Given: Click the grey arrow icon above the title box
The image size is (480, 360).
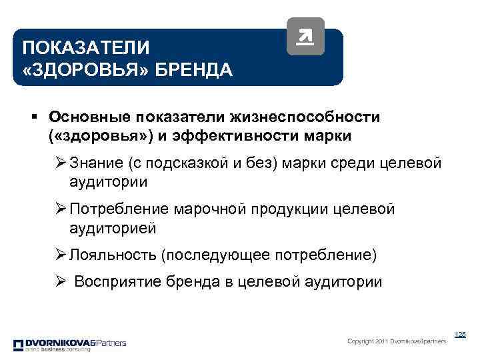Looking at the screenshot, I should click(305, 37).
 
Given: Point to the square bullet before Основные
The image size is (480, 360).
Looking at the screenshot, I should click(33, 117).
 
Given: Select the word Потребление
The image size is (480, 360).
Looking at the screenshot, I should click(119, 209).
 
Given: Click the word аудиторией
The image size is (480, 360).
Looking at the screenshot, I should click(112, 228).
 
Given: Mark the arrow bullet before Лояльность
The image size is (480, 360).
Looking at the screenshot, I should click(60, 255).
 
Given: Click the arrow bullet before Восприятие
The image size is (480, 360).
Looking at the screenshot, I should click(60, 281).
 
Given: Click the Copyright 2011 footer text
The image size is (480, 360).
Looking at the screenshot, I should click(397, 341).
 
